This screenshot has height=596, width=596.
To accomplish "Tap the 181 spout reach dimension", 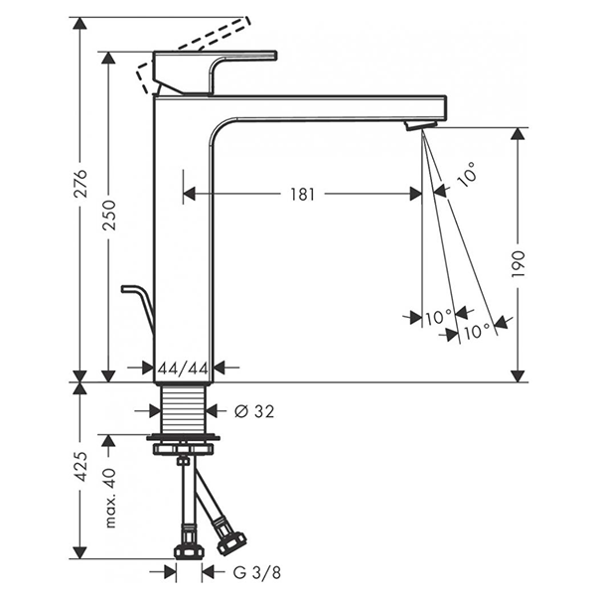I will (303, 195).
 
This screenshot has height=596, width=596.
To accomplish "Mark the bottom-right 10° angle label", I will (476, 331).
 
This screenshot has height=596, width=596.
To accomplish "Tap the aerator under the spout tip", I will (419, 124).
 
